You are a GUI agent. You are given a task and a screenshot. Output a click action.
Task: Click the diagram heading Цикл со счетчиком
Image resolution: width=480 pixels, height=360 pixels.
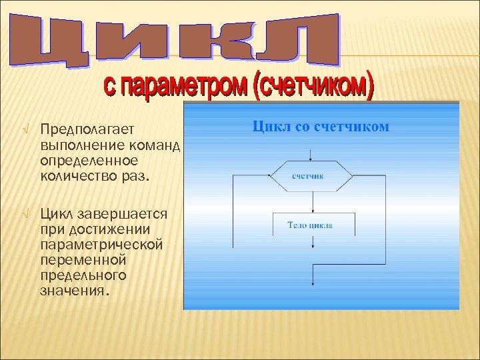(321, 127)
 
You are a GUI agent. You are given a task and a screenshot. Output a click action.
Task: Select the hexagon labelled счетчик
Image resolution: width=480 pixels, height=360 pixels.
(311, 175)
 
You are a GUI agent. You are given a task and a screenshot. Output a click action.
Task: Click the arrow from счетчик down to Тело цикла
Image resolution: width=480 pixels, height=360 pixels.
(311, 201)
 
